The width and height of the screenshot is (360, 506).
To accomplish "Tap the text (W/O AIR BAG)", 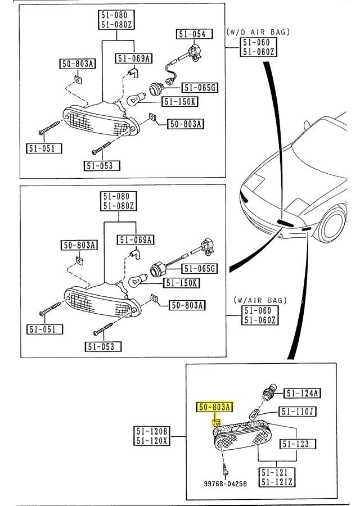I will (258, 32).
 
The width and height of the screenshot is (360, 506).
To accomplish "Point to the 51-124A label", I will (301, 393).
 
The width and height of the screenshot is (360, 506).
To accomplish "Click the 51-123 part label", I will (296, 444).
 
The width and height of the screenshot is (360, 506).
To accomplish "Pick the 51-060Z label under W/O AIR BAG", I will (258, 52).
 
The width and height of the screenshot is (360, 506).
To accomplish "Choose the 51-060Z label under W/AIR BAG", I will (258, 320).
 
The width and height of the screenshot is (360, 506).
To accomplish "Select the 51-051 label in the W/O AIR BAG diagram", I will (44, 149).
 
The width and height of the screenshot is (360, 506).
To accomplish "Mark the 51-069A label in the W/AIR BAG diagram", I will (136, 241).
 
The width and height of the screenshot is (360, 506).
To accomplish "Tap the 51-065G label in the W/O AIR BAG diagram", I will (200, 88).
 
